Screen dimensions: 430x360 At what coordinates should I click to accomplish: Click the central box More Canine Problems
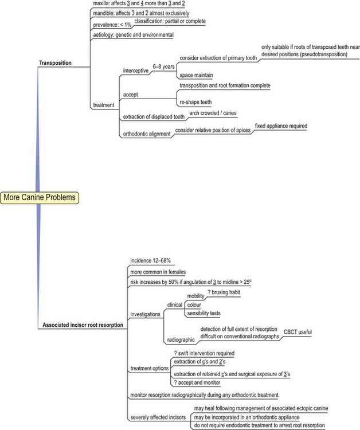point(39,198)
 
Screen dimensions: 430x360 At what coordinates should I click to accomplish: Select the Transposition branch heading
point(56,63)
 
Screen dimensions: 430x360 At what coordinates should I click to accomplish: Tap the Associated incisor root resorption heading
point(83,325)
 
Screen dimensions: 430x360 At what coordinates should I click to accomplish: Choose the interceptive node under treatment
point(136,70)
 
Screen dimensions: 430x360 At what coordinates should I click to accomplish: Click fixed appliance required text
point(281,126)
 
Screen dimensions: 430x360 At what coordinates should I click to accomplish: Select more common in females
point(158,271)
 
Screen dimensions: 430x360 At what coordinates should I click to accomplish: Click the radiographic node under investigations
point(181,339)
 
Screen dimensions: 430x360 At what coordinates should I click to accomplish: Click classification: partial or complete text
point(170,21)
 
